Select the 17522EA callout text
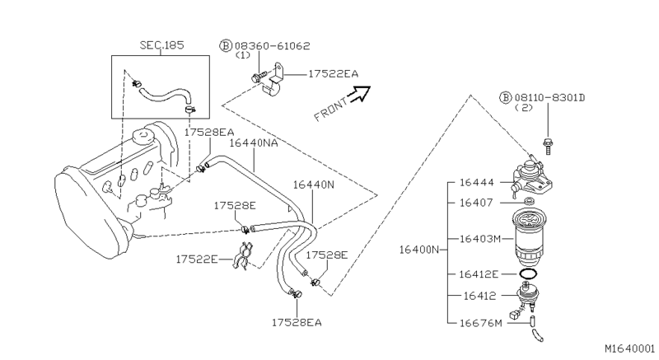(x=334, y=74)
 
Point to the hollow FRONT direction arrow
(x=358, y=96)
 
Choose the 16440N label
(x=315, y=185)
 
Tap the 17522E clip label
(x=196, y=259)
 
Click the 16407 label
(x=477, y=201)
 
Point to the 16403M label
(x=481, y=238)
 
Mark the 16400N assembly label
(x=421, y=249)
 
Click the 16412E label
(x=481, y=274)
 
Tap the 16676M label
(x=481, y=322)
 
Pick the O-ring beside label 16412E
(x=530, y=274)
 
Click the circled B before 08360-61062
(x=225, y=44)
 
